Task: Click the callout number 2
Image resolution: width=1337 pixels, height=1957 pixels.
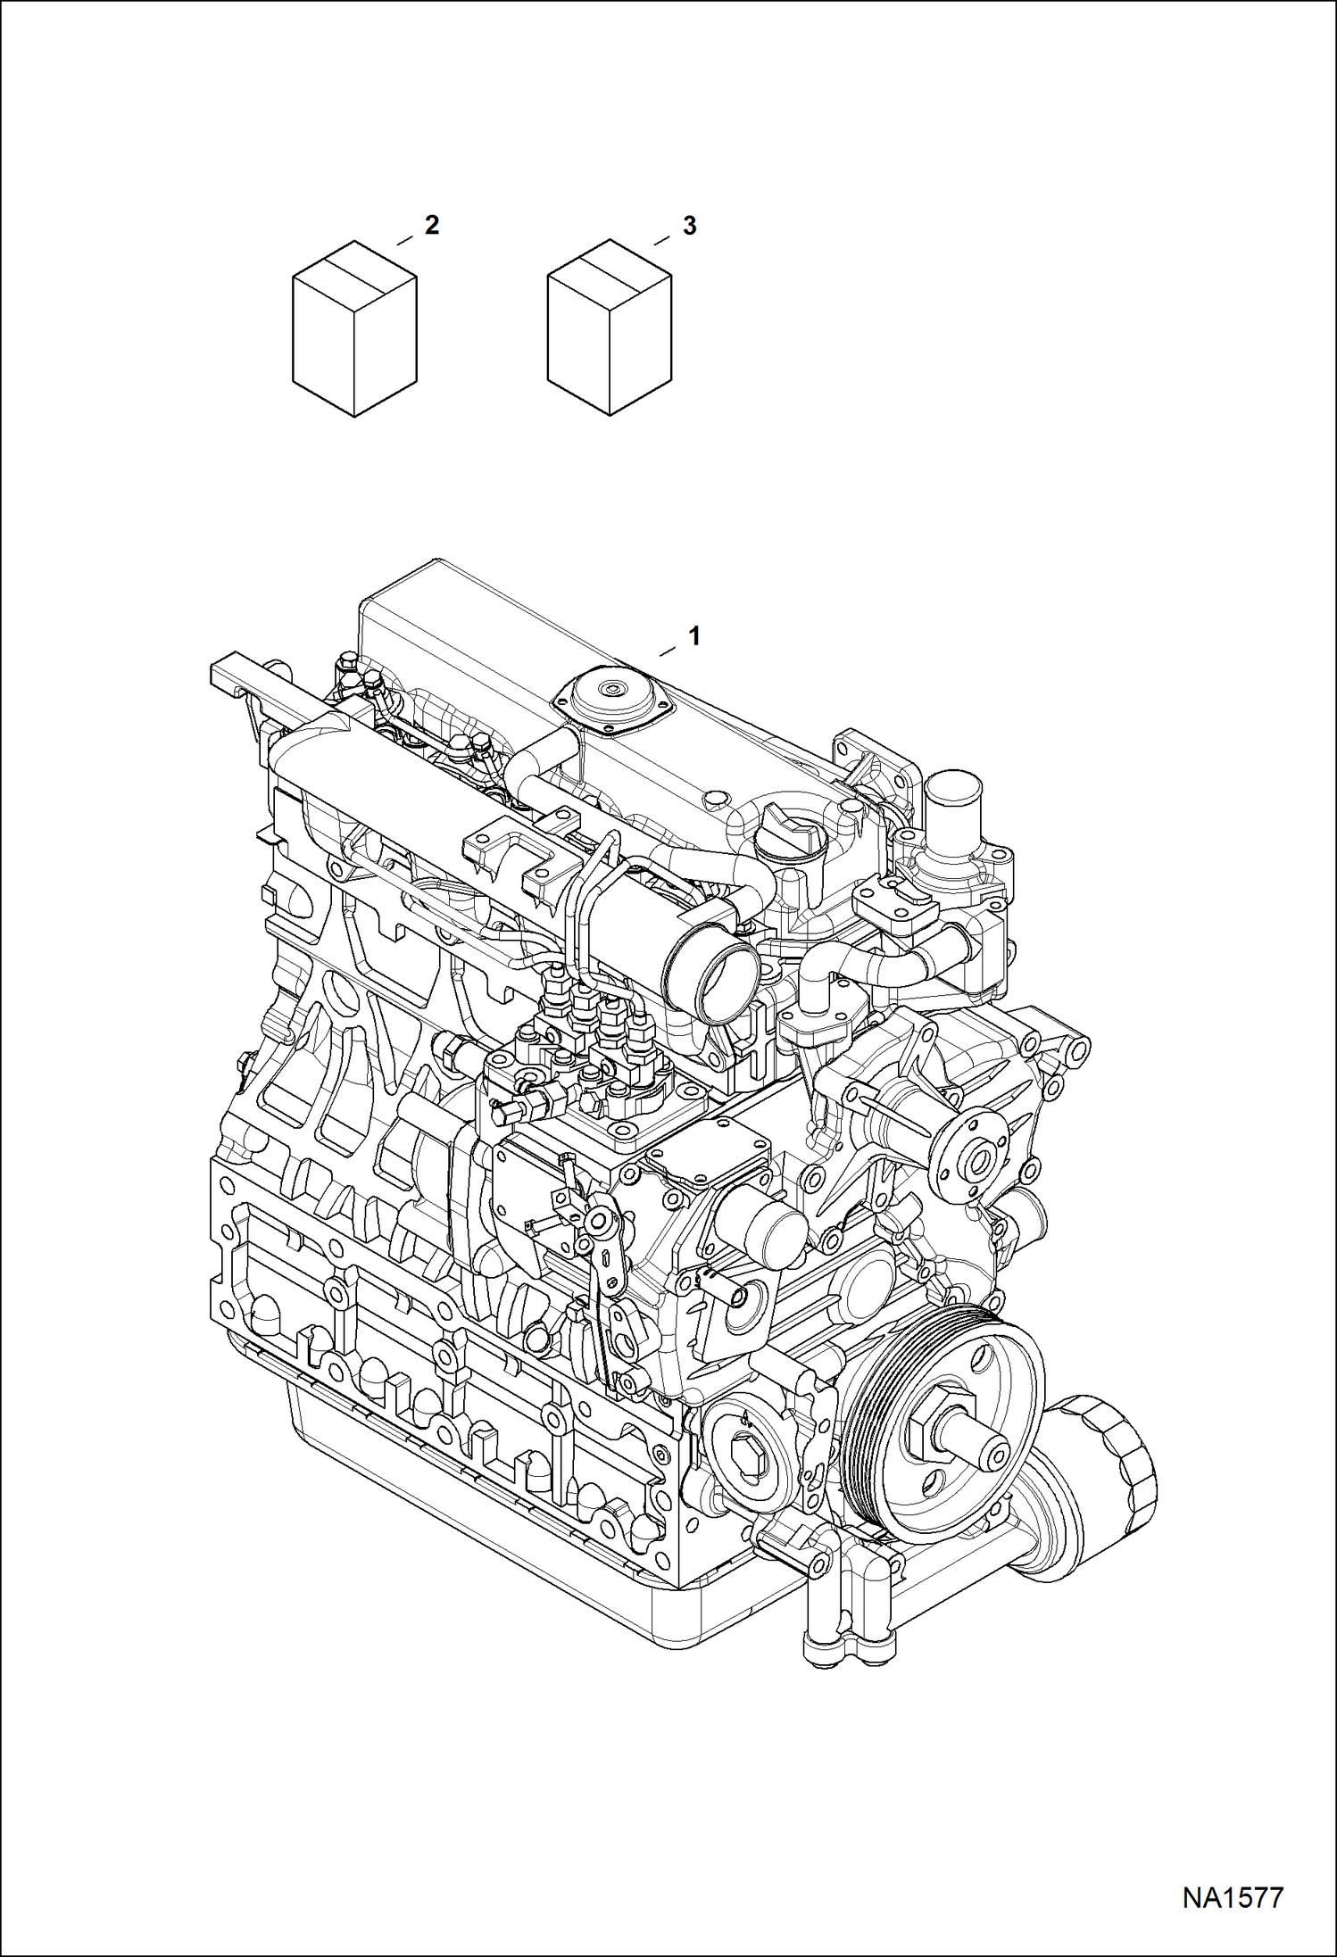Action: pyautogui.click(x=432, y=226)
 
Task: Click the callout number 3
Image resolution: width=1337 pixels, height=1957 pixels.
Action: pyautogui.click(x=688, y=226)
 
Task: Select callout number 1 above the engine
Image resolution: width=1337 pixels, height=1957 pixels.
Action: pyautogui.click(x=693, y=636)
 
